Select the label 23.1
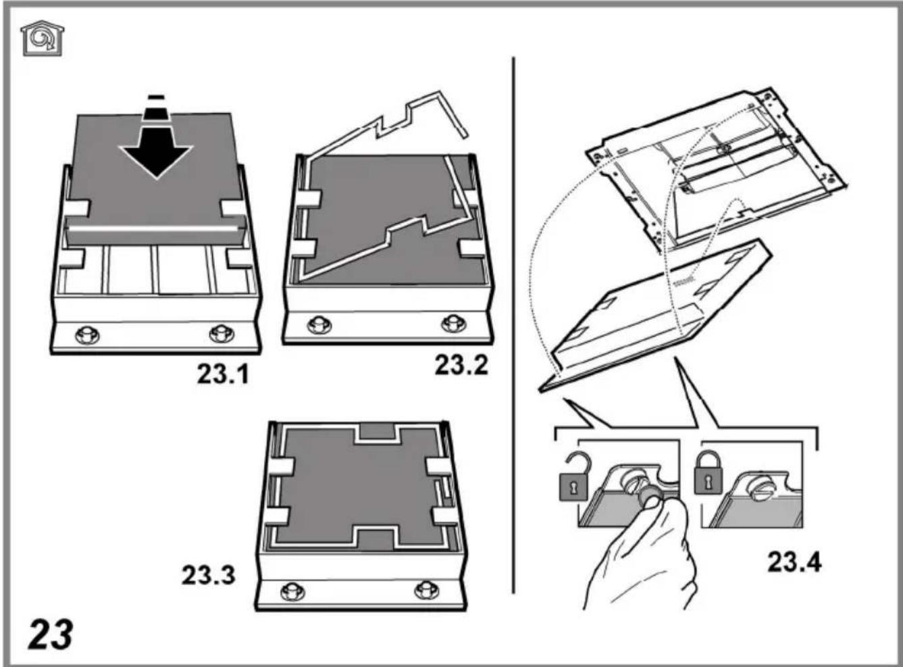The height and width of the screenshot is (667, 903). click(223, 374)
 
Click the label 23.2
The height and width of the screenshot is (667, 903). click(461, 365)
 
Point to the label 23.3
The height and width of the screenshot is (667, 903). click(209, 575)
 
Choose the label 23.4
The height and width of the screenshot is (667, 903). click(794, 563)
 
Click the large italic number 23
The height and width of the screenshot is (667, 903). click(51, 635)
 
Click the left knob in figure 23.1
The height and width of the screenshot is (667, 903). click(87, 336)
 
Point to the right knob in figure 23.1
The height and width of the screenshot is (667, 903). click(222, 334)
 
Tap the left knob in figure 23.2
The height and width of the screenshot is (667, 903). click(319, 325)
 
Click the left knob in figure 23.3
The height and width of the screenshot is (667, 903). click(294, 591)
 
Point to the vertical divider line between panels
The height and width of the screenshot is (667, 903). click(513, 325)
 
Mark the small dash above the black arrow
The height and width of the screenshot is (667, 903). click(157, 97)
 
